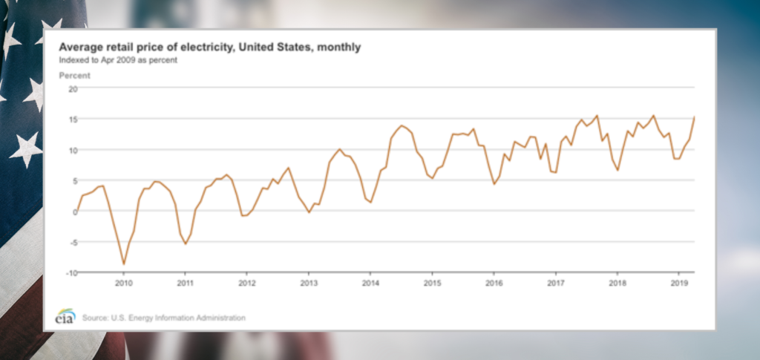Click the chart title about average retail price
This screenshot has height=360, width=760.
[210, 48]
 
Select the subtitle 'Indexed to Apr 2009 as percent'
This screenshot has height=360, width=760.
[118, 59]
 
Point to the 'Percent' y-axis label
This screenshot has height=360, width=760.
[74, 75]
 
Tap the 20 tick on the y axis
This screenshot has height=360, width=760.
[73, 88]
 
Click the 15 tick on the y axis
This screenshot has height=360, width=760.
[73, 119]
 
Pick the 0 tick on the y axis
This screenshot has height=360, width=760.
[75, 212]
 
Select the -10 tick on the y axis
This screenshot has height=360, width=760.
[71, 272]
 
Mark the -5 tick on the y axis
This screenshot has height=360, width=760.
[73, 242]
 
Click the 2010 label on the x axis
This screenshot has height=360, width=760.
[123, 283]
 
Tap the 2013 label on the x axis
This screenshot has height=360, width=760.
[309, 283]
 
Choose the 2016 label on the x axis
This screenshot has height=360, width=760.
[494, 283]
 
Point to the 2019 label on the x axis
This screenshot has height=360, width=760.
[678, 283]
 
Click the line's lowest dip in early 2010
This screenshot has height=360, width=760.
[123, 264]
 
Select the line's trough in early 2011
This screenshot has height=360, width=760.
[186, 243]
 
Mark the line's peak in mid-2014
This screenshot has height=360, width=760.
[402, 126]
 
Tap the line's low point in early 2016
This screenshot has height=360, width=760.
[494, 183]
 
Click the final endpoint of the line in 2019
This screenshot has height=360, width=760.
[694, 117]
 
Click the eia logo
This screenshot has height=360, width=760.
[65, 315]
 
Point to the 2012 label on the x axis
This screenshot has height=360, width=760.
[247, 283]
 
